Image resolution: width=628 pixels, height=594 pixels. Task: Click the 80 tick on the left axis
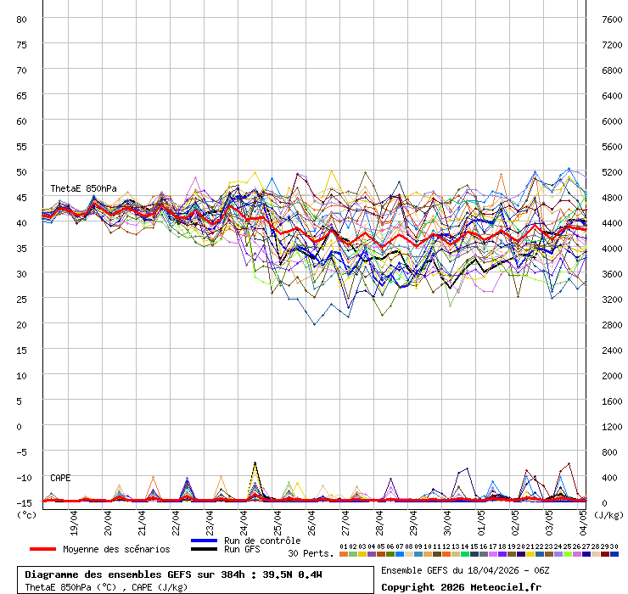tap(22, 19)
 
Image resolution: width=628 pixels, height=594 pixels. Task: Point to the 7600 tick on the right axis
tap(612, 19)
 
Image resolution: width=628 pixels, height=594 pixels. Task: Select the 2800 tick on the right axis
tap(612, 324)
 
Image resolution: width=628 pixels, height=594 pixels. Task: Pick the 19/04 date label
tap(75, 519)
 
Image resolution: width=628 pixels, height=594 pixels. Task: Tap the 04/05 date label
tap(584, 519)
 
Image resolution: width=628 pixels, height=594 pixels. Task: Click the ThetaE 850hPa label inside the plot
tap(83, 188)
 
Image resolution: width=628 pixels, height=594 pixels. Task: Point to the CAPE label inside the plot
tap(61, 478)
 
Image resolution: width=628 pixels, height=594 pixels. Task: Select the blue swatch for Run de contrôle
tap(205, 541)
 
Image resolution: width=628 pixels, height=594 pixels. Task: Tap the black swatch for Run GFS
tap(205, 549)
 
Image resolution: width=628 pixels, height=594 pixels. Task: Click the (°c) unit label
tap(26, 514)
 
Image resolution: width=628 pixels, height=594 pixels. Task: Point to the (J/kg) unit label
tap(608, 514)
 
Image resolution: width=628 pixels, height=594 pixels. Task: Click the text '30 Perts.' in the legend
tap(310, 553)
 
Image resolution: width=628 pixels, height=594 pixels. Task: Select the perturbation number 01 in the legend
tap(343, 546)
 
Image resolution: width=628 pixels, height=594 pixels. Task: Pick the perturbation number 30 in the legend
tap(614, 546)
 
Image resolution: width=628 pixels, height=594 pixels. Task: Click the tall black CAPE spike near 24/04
tap(255, 463)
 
